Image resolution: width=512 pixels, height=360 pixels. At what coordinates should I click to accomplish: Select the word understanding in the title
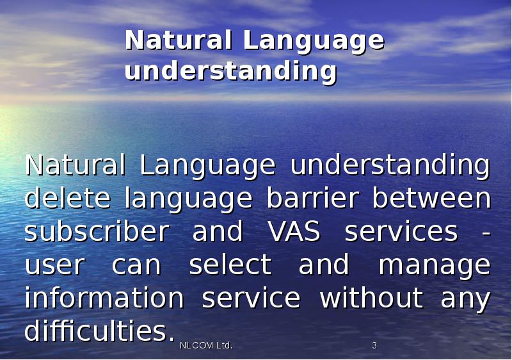(230, 71)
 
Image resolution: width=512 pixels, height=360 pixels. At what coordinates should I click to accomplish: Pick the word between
(431, 198)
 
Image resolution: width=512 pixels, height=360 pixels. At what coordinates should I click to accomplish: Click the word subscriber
(95, 231)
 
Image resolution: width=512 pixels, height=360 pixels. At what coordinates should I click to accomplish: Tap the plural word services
(401, 231)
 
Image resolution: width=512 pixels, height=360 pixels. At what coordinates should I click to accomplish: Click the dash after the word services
(486, 232)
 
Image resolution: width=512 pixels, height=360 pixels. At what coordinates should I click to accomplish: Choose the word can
(136, 265)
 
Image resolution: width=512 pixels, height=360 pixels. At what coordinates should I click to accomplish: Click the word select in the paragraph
(230, 265)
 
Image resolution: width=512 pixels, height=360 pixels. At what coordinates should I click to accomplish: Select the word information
(104, 298)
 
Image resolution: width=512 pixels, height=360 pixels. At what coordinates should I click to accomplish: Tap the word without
(371, 298)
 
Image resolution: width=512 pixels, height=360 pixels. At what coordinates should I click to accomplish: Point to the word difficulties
(99, 331)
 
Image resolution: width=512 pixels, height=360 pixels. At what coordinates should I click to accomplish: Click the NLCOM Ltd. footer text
(205, 346)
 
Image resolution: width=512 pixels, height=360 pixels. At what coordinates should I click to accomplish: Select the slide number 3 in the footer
(374, 346)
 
